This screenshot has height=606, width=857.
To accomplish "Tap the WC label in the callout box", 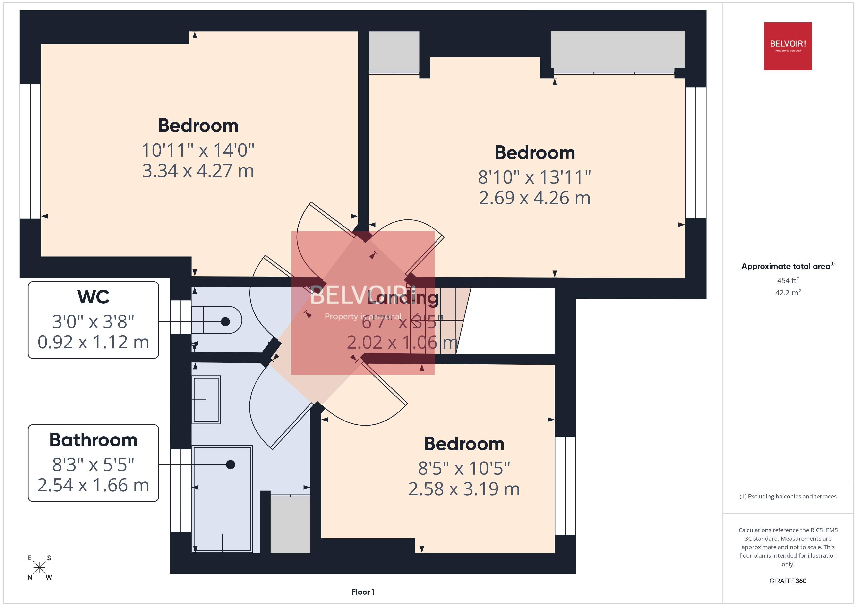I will click(93, 297).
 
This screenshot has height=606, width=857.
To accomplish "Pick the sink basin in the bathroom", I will click(206, 400).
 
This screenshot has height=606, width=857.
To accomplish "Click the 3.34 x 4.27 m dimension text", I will click(198, 171).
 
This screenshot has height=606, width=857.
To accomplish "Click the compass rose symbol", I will click(39, 568).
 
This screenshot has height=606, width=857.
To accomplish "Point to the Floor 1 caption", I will click(363, 592).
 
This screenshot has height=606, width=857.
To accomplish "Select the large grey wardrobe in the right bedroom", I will click(618, 50).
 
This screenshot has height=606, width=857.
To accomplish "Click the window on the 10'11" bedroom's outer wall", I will click(30, 151).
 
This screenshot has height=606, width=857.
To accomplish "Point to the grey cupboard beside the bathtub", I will click(290, 524).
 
